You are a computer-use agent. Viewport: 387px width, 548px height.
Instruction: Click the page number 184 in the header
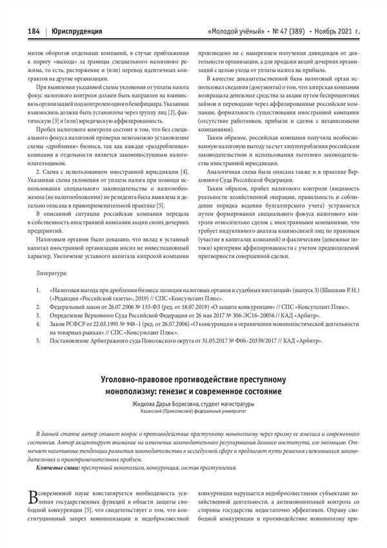tap(34, 30)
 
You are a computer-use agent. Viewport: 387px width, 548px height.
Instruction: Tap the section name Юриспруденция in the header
tap(77, 30)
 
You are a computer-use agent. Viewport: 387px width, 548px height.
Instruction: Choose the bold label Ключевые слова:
tap(58, 467)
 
